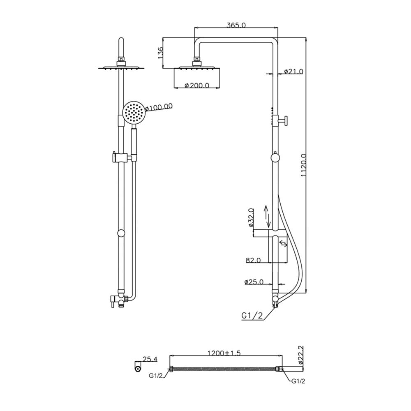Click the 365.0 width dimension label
click(x=236, y=25)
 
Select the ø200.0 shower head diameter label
click(x=197, y=85)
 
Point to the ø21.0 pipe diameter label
click(x=293, y=71)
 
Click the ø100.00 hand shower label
click(x=158, y=107)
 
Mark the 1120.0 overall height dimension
click(x=304, y=165)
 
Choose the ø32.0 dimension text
click(x=251, y=217)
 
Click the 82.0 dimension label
click(x=253, y=260)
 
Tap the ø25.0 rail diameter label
click(x=254, y=282)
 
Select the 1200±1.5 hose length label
click(x=224, y=353)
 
